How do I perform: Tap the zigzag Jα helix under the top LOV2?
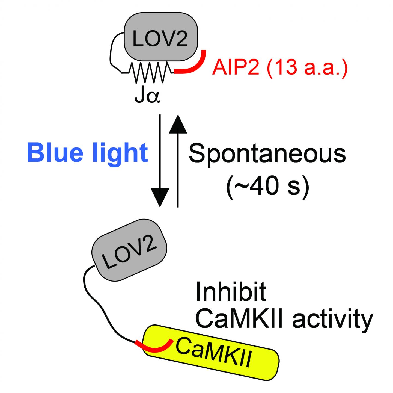(x=151, y=72)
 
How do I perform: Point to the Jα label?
(x=147, y=97)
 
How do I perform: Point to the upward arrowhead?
(x=178, y=125)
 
